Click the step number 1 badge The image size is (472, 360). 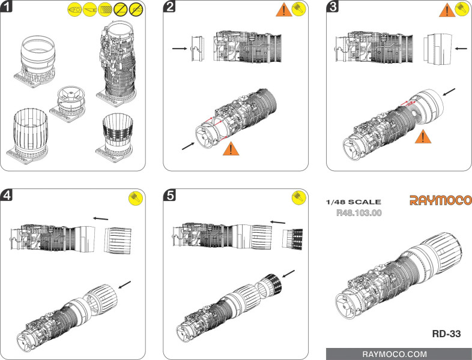(x=8, y=7)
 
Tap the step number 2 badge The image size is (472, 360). (x=171, y=7)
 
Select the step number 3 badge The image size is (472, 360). (x=333, y=7)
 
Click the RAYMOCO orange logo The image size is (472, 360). (x=441, y=200)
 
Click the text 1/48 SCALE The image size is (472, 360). (x=352, y=202)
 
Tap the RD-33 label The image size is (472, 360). (x=446, y=334)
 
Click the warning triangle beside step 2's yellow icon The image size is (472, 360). (x=283, y=10)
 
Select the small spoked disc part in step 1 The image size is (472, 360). (x=68, y=95)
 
